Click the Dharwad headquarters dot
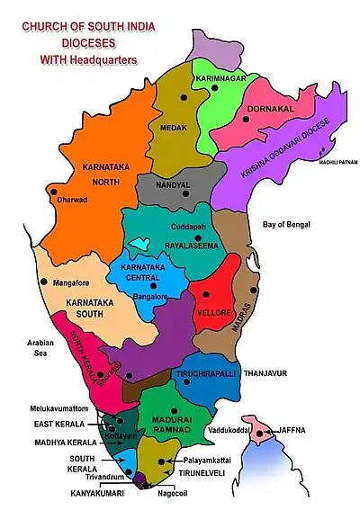pos(55,192)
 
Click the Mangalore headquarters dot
pos(42,282)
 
